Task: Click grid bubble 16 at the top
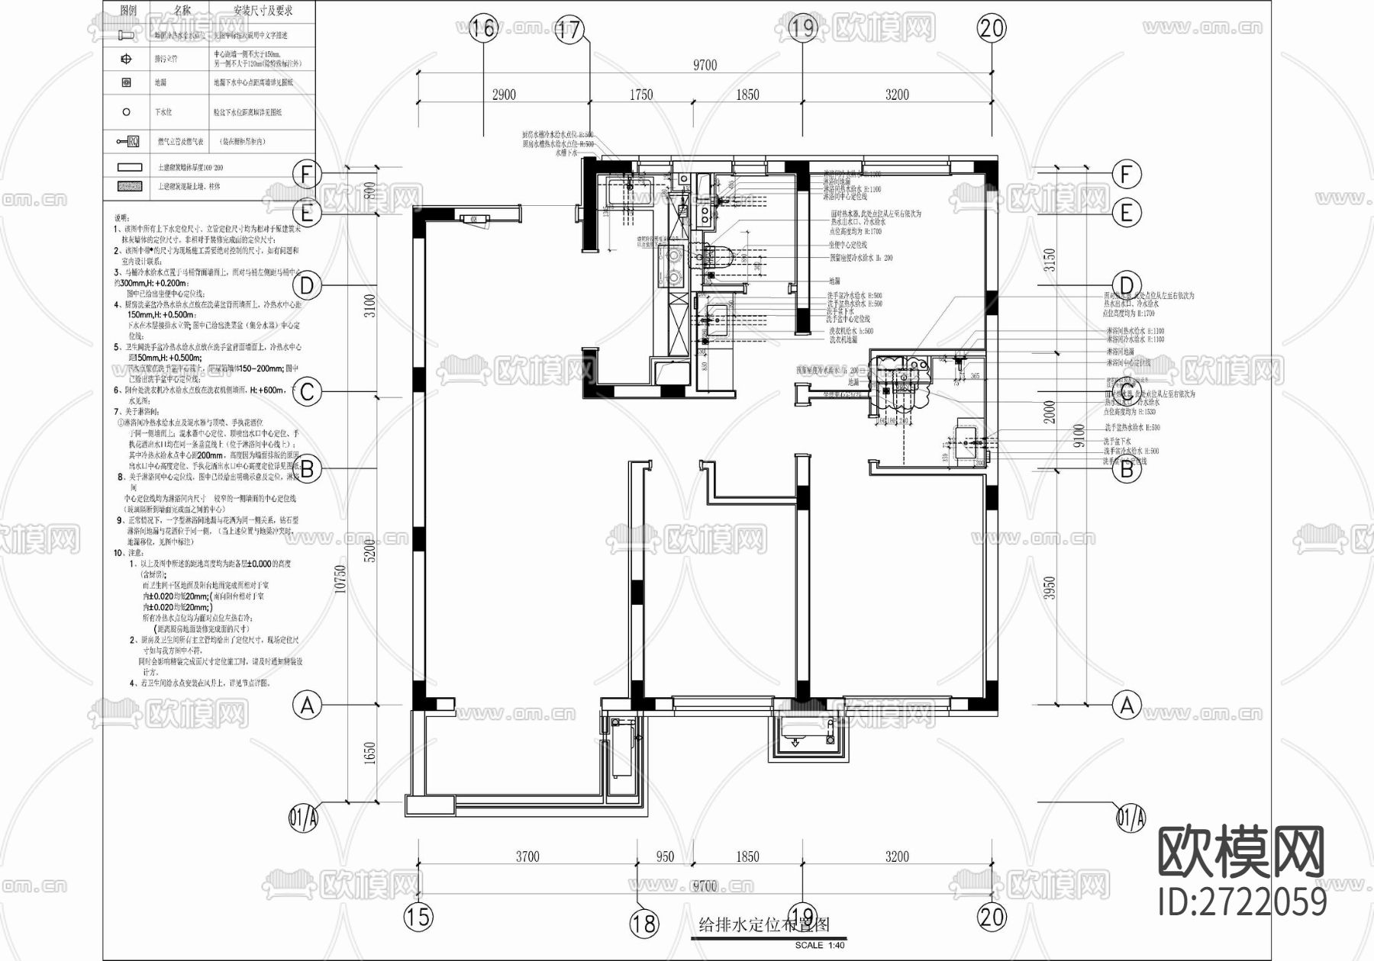point(483,29)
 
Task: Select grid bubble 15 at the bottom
point(418,916)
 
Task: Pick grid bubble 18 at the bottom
point(643,924)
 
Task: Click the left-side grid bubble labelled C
point(307,392)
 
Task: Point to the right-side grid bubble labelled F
point(1126,175)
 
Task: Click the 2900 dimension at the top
point(503,95)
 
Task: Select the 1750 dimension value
point(640,95)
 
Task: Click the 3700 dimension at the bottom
point(527,857)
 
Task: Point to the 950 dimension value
point(665,857)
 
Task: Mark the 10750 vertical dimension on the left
point(341,578)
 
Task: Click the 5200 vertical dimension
point(370,551)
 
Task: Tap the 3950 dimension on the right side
point(1050,587)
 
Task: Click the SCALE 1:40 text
point(820,946)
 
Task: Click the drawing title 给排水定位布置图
point(763,925)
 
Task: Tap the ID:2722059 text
point(1242,902)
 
